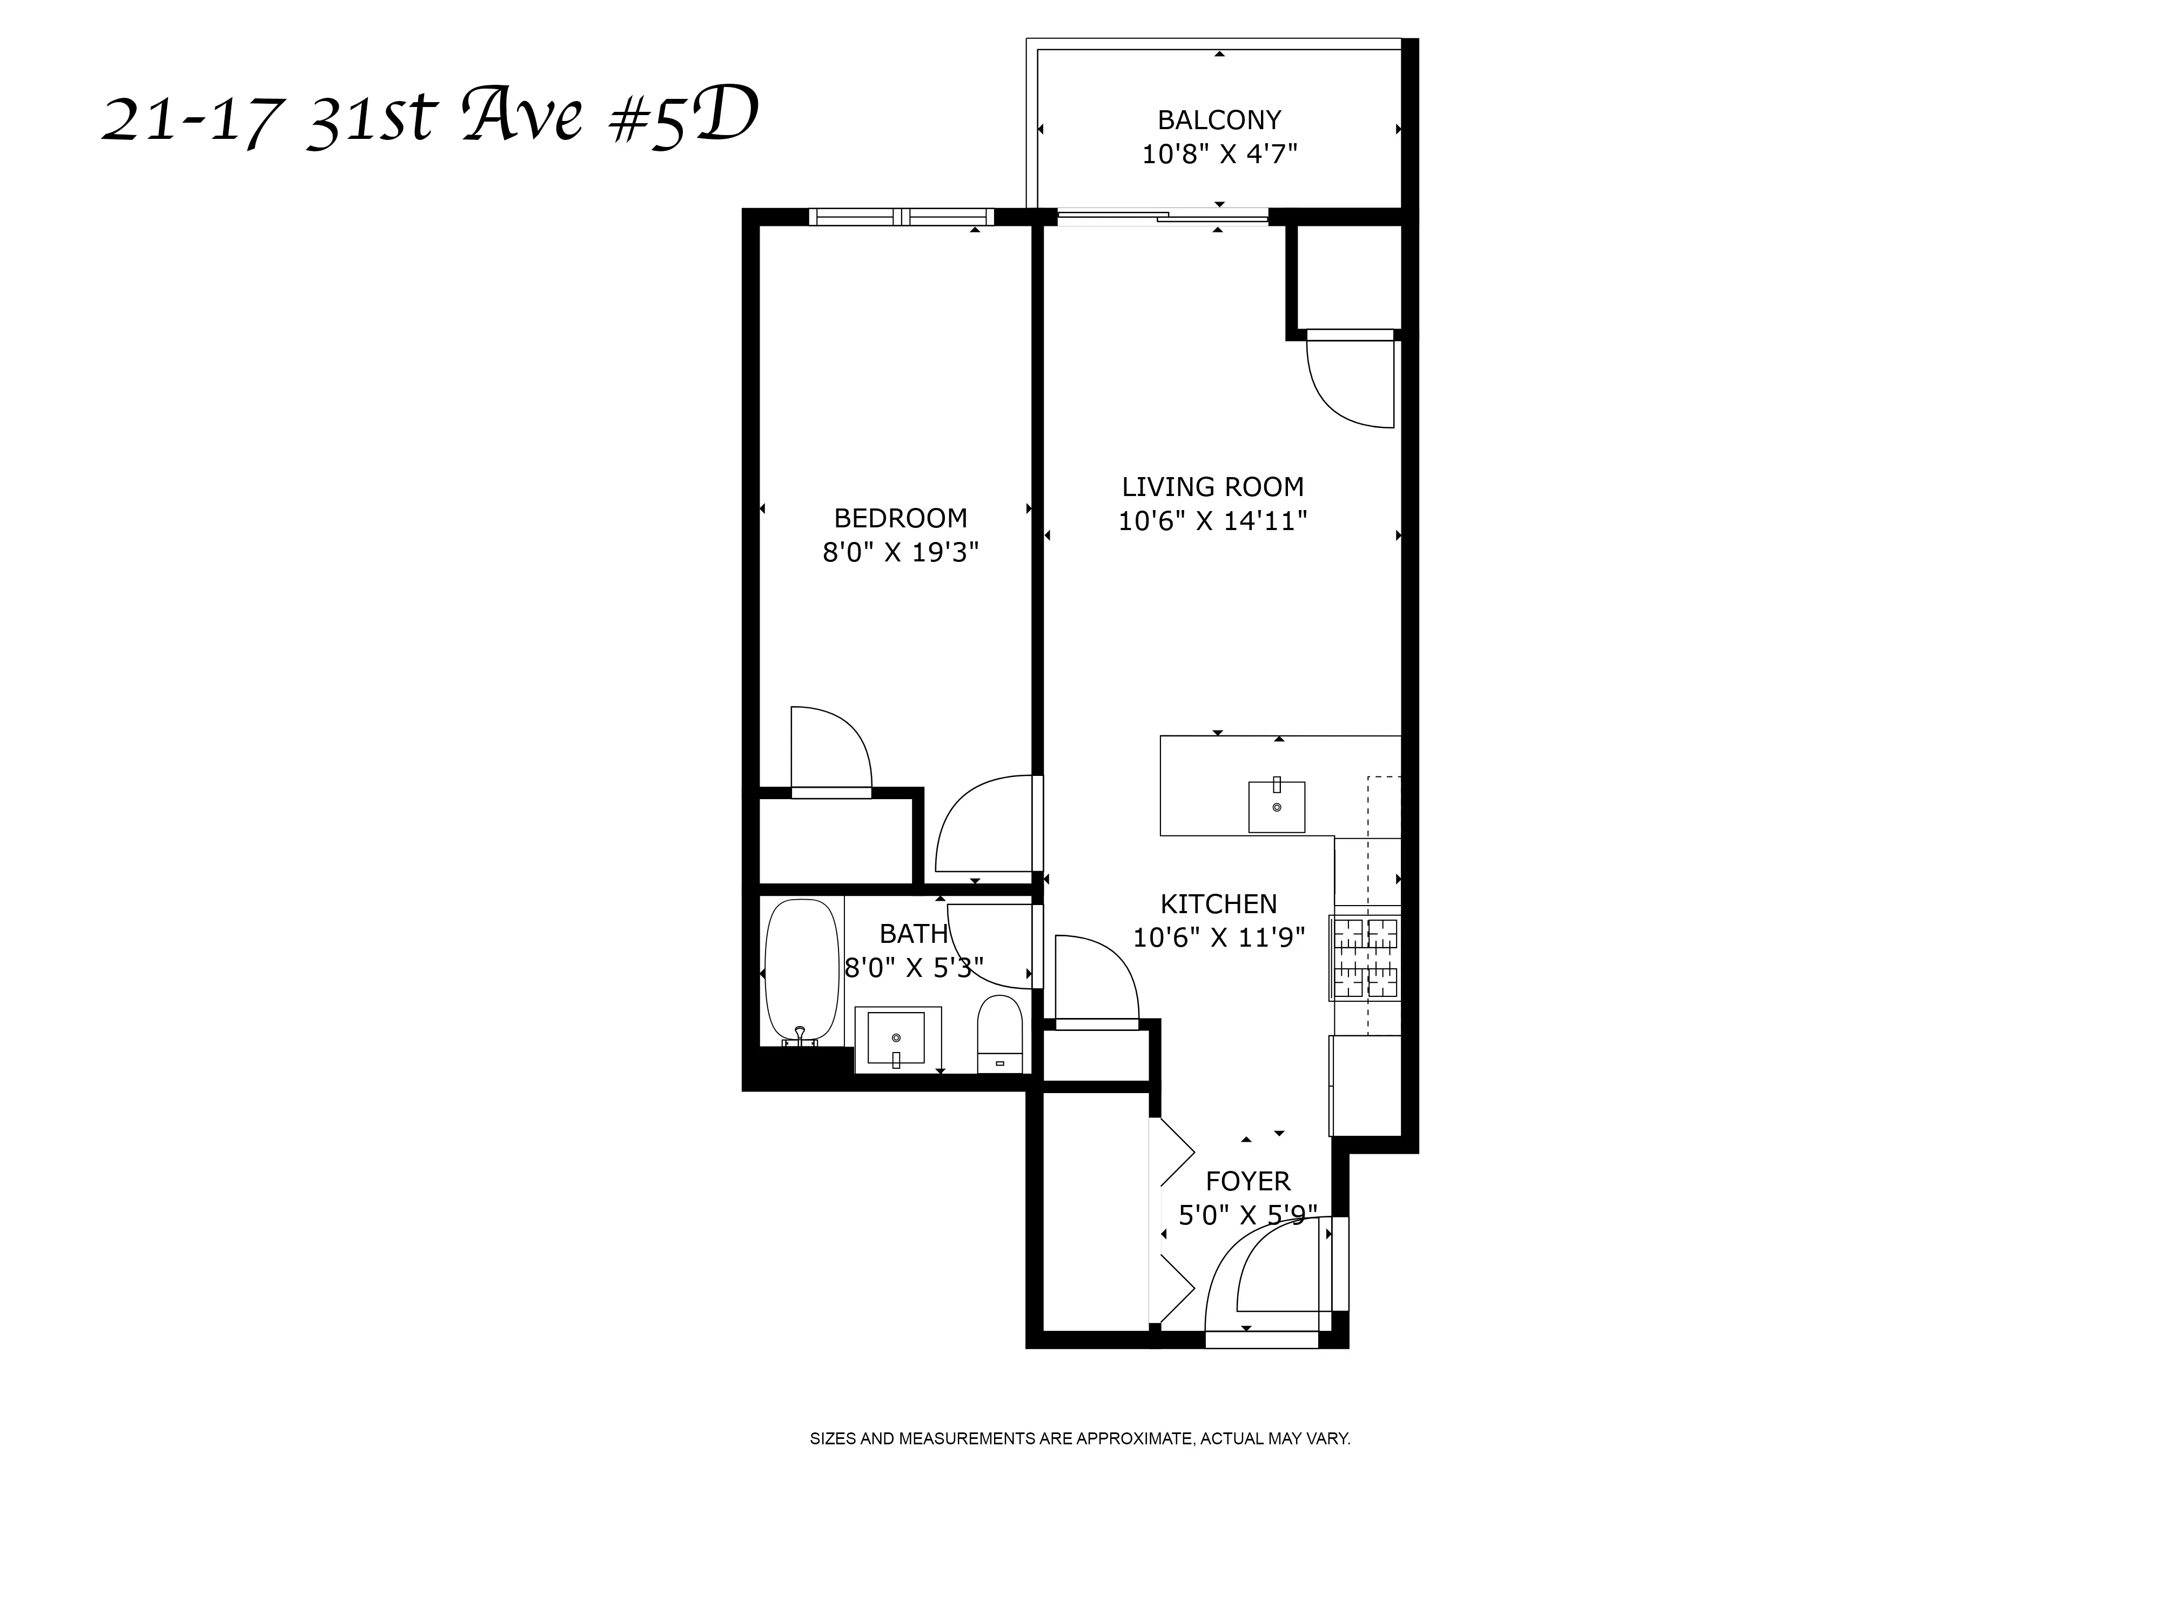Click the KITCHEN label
tap(1218, 904)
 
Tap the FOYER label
tap(1247, 1181)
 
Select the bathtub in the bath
tap(801, 972)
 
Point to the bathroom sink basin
tap(896, 1037)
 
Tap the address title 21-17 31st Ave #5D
tap(430, 119)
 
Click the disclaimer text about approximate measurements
tap(1079, 1438)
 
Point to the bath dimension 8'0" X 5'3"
tap(914, 968)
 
